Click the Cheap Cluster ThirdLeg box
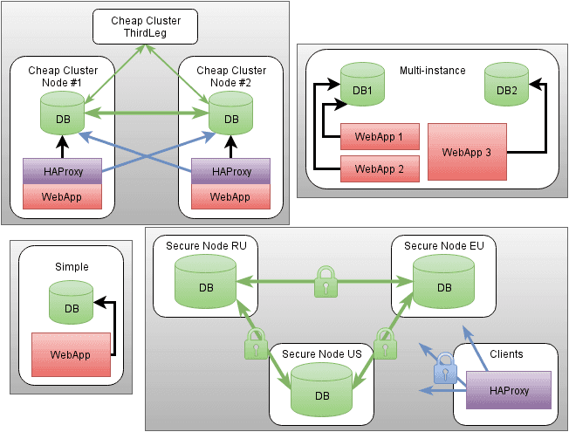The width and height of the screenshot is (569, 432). (146, 26)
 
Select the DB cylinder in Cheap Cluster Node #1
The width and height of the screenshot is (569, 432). (62, 113)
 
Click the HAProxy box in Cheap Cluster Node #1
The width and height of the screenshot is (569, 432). (62, 172)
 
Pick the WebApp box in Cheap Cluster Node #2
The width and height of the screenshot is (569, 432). (230, 196)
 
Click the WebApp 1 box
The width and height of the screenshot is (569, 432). (380, 137)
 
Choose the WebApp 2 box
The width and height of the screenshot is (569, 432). (380, 167)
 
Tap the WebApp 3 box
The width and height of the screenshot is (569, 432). (467, 153)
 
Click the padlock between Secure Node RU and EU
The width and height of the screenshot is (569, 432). (326, 282)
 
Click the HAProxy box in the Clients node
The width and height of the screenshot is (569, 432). (509, 390)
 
